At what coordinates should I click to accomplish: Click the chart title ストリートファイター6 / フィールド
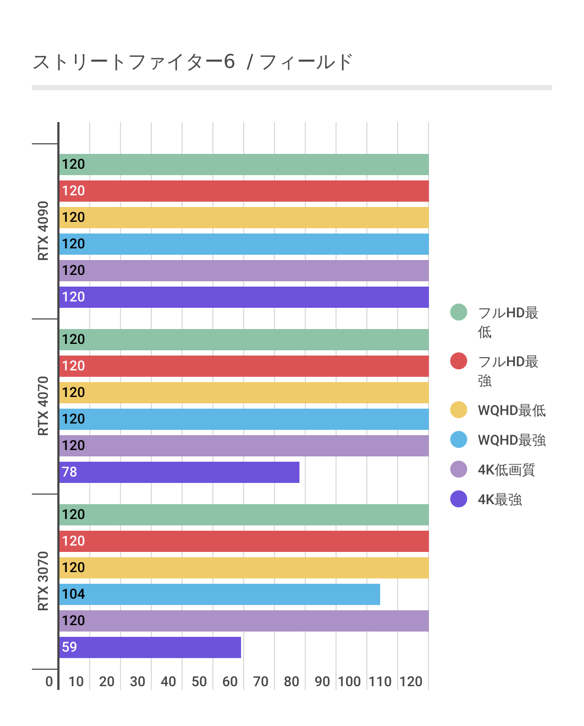192,62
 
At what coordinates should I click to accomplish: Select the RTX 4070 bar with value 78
179,472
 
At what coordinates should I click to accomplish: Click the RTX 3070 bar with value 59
150,647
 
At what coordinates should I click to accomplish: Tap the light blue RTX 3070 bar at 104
220,594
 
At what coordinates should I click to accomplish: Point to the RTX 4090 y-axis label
43,231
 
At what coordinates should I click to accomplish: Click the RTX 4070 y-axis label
43,406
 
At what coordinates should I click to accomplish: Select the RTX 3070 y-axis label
43,581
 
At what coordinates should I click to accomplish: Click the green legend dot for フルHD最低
459,312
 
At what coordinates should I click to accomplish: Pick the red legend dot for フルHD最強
459,361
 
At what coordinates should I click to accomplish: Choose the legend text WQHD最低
511,410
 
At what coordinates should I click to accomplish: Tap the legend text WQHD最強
511,440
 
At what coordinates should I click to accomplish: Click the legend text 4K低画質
506,470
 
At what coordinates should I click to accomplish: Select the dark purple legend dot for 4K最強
459,499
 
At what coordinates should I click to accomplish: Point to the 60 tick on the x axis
230,681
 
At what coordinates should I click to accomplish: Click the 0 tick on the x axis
49,681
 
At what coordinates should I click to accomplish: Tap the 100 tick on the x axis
349,681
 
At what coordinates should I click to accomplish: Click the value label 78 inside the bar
70,472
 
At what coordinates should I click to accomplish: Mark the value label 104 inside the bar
73,594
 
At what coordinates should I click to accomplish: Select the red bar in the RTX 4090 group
244,191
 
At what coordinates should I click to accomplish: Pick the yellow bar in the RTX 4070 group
244,393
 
